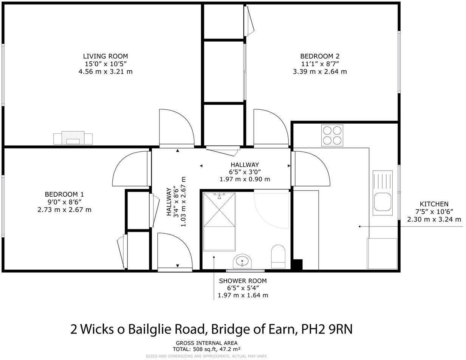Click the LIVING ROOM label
[x=105, y=56]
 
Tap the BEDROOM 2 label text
[x=320, y=56]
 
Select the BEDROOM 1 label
[x=64, y=194]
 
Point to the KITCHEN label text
[x=434, y=204]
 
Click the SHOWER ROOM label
[x=243, y=281]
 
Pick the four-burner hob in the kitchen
[x=332, y=135]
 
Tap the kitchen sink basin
[x=382, y=202]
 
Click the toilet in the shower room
[x=278, y=256]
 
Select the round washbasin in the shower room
[x=242, y=261]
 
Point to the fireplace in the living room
[x=73, y=138]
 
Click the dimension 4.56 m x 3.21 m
[x=105, y=71]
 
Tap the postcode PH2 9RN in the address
[x=327, y=329]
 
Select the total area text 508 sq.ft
[x=206, y=349]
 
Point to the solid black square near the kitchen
[x=297, y=264]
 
